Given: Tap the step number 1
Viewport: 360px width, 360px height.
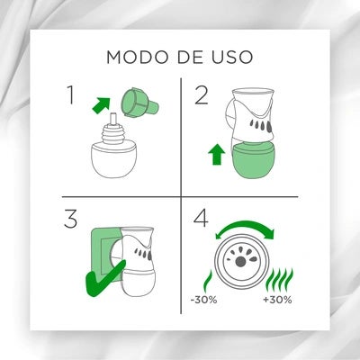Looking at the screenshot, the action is click(x=70, y=94).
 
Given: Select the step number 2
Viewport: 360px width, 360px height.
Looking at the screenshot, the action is click(x=202, y=94).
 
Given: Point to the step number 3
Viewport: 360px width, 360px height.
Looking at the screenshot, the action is click(x=71, y=219).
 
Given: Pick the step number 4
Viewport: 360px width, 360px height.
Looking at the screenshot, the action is click(x=201, y=219).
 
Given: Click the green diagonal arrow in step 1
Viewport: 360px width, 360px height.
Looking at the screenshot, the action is click(x=101, y=105).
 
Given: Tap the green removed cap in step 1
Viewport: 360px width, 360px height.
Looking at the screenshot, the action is click(x=139, y=102).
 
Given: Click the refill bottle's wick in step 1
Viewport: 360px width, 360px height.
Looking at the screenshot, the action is click(x=113, y=120).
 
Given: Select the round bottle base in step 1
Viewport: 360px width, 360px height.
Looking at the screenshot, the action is click(x=115, y=158).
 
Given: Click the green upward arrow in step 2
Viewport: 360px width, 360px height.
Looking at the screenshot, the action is click(x=217, y=154).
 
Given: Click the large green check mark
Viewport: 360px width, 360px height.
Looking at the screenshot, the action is click(x=104, y=278).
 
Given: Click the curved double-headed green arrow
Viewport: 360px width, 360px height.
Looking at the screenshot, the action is click(x=245, y=226).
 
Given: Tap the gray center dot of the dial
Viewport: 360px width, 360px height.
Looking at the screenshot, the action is click(x=239, y=262).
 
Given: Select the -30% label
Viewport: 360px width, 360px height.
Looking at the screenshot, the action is click(x=203, y=300).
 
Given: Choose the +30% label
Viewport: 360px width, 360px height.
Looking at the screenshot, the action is click(x=277, y=300).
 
